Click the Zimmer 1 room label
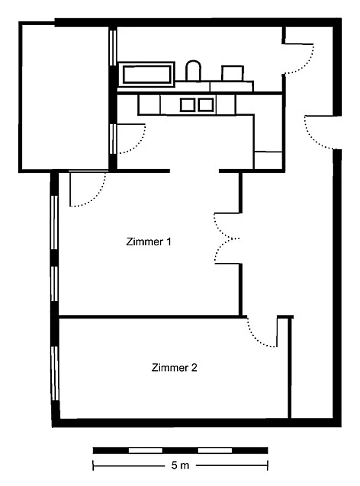point(148,241)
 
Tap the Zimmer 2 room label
point(174,368)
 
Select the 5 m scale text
point(180,465)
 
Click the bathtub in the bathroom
point(147,74)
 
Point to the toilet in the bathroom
point(193,71)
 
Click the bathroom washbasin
point(232,73)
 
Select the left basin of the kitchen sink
point(187,105)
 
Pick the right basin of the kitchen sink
point(206,105)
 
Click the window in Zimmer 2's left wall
point(55,374)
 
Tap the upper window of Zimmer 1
point(54,222)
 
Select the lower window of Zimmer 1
point(54,284)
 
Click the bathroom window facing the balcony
point(113,47)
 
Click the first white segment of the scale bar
point(146,450)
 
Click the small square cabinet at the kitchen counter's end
point(268,160)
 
